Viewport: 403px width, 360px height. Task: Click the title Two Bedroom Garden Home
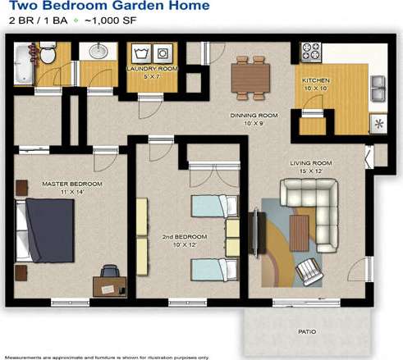click(109, 7)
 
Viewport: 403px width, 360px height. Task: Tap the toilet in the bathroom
click(48, 55)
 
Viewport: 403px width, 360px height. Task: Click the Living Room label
click(310, 163)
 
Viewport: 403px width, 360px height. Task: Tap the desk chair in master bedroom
click(108, 271)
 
